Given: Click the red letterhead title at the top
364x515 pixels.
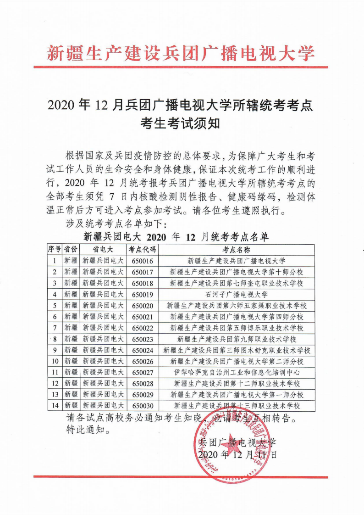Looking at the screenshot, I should tap(182, 54).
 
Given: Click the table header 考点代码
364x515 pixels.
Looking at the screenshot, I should tap(142, 250).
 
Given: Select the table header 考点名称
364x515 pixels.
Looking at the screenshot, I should tap(236, 250).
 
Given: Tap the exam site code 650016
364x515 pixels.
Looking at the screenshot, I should tap(142, 261).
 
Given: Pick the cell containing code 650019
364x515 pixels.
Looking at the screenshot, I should tap(142, 294).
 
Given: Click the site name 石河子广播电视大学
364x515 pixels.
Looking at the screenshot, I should tap(236, 294).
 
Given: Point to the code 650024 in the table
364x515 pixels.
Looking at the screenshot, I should tap(142, 350).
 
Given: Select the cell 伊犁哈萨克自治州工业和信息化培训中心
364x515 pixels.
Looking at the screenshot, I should tap(236, 372).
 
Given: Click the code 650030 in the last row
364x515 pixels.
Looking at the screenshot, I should tap(142, 406).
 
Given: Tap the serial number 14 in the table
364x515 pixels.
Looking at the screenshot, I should tap(55, 406).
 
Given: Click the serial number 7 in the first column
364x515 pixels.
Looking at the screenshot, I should tap(55, 328).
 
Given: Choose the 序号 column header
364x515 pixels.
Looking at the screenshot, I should tap(55, 250).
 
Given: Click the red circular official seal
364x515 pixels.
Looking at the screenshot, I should tap(229, 445).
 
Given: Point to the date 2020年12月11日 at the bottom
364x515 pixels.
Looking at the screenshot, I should tap(237, 455).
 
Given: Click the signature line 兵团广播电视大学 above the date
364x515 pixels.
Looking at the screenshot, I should tap(237, 443).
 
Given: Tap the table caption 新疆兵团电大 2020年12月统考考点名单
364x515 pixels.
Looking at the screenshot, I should tap(176, 237).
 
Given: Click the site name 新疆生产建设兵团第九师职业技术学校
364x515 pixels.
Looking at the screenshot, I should tap(236, 339).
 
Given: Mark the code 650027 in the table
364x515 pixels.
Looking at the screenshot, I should tap(142, 372).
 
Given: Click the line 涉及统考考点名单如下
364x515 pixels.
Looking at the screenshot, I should tap(117, 224).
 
